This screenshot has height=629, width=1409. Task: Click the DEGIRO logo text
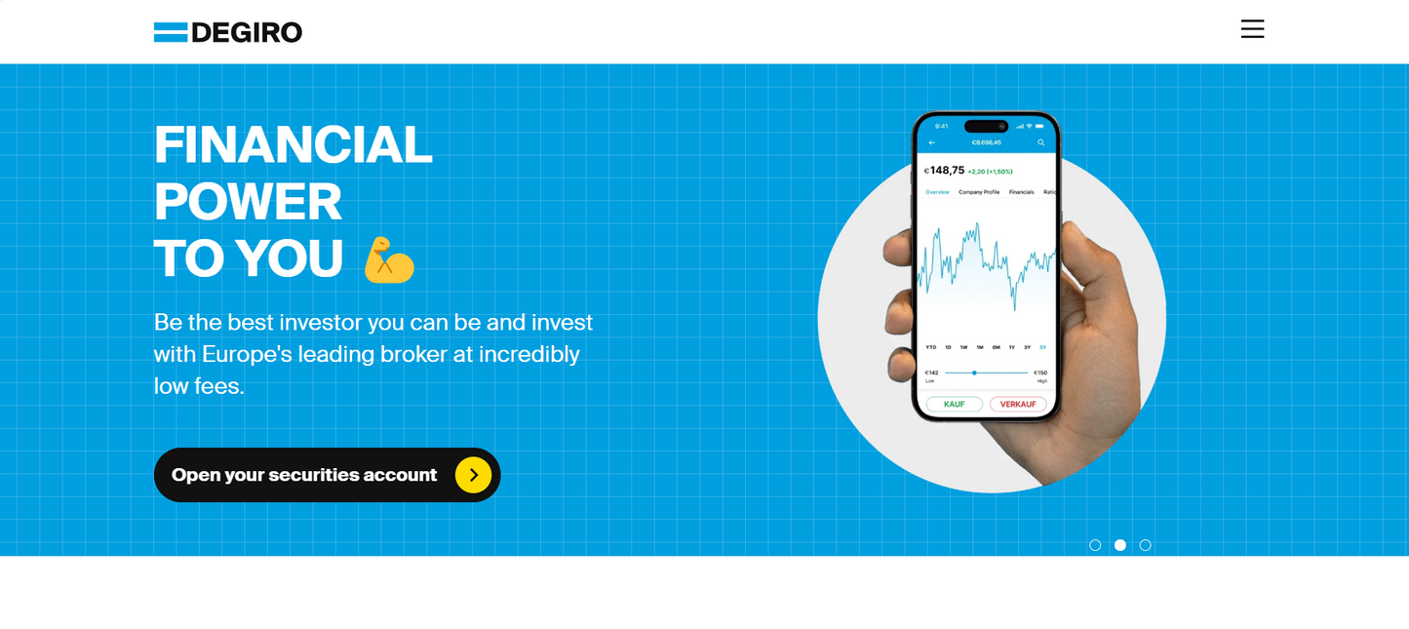tap(247, 32)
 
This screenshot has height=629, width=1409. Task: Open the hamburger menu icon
tap(1252, 29)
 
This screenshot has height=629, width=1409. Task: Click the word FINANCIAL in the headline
tap(293, 144)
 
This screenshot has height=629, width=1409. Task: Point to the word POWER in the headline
tap(248, 201)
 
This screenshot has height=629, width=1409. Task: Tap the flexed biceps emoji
tap(388, 260)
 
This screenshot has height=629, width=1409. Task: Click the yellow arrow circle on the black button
tap(473, 475)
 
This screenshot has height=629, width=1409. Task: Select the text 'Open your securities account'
tap(304, 475)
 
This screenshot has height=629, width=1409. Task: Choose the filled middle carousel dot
tap(1120, 545)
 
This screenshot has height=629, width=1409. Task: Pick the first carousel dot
tap(1095, 545)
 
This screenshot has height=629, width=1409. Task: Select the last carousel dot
tap(1146, 545)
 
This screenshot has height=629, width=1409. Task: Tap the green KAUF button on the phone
tap(954, 404)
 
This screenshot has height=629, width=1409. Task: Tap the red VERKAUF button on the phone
tap(1018, 404)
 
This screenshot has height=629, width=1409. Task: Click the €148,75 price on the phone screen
tap(946, 171)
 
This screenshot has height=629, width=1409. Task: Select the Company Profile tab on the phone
tap(979, 192)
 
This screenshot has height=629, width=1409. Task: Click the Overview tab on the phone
tap(937, 192)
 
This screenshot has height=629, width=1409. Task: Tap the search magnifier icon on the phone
tap(1040, 142)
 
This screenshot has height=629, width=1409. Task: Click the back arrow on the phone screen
tap(932, 142)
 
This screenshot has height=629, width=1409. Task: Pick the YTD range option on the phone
tap(931, 347)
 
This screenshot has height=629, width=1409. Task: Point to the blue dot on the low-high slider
tap(974, 373)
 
